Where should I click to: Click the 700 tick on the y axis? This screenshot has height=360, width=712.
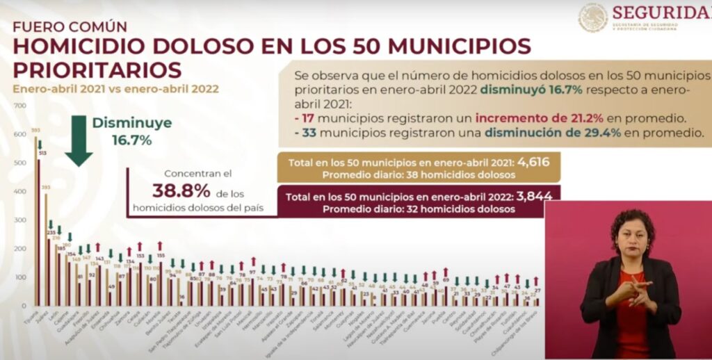click(19, 106)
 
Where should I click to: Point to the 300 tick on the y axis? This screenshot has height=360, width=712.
click(19, 220)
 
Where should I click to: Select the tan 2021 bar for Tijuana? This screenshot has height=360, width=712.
click(35, 222)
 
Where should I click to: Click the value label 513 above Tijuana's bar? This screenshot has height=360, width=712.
click(42, 152)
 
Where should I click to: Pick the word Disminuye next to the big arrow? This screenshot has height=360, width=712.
click(132, 123)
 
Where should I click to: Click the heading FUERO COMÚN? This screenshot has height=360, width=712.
click(70, 27)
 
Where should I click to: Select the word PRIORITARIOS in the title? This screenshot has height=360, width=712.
click(97, 69)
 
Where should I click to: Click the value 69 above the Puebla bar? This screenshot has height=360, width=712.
click(446, 279)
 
